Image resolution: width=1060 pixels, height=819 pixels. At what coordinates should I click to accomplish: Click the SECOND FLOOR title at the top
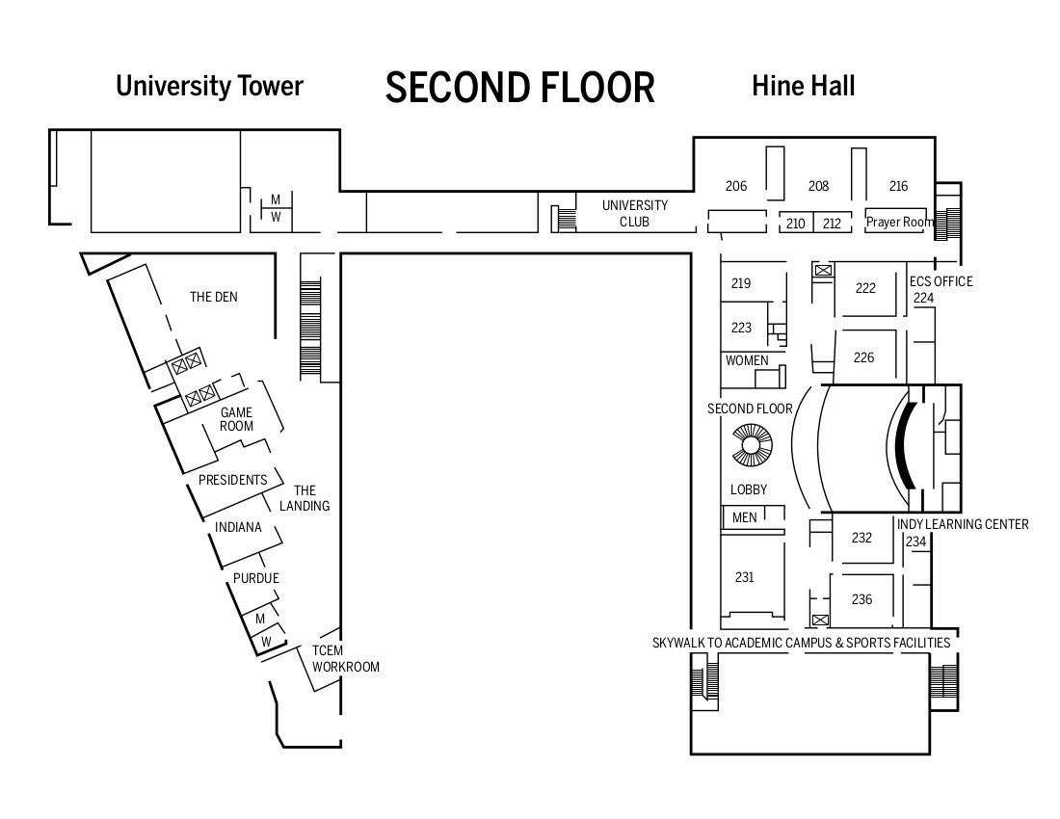click(519, 87)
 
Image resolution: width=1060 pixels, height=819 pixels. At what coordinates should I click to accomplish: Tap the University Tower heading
click(209, 86)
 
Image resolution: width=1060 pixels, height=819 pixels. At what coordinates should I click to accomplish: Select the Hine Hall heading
click(803, 86)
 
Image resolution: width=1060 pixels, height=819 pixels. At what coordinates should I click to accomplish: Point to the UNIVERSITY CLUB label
click(634, 213)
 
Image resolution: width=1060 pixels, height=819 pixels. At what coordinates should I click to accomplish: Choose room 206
click(736, 186)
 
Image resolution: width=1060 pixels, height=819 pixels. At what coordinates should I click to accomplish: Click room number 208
click(818, 186)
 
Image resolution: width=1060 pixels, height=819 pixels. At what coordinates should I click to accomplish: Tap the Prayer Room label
click(899, 222)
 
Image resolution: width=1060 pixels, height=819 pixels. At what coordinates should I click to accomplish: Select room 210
click(795, 224)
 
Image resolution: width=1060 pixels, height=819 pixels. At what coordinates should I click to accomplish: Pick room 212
click(832, 224)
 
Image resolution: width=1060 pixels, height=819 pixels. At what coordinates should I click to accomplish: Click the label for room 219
click(741, 283)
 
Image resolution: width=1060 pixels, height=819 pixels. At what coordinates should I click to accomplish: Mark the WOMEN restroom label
click(747, 360)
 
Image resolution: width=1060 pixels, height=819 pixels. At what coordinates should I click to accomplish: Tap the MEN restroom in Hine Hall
click(745, 517)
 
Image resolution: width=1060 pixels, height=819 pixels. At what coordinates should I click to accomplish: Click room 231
click(744, 577)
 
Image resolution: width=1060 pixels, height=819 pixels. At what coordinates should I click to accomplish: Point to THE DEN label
click(213, 297)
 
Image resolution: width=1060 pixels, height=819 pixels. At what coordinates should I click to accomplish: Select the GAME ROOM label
click(236, 419)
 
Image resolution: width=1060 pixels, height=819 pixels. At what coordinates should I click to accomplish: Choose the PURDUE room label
click(256, 578)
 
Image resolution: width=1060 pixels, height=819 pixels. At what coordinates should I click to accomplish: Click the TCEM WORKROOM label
click(345, 658)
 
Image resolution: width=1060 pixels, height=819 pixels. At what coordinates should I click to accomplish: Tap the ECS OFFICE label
click(941, 281)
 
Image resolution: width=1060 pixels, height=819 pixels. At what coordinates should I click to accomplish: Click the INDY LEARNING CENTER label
click(963, 524)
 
